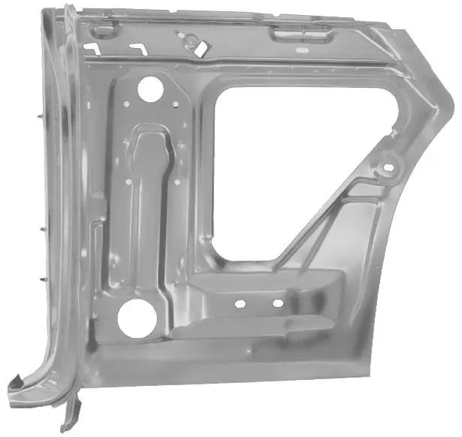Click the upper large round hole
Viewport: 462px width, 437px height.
coord(149,89)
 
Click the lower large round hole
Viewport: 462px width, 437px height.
coord(134,318)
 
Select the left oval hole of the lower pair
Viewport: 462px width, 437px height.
coord(240,304)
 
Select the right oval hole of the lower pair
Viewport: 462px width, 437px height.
coord(278,303)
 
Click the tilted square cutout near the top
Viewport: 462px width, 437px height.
coord(201,47)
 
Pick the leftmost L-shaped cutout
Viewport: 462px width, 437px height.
coord(92,48)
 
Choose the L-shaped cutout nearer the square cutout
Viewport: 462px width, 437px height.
coord(137,47)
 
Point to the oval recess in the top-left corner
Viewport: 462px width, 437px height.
coord(104,29)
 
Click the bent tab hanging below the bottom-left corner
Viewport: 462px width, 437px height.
coord(72,413)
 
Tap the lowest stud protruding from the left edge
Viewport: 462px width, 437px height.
coord(38,278)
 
